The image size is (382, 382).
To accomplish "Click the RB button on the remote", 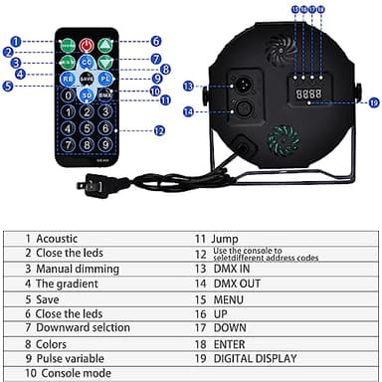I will (x=67, y=77).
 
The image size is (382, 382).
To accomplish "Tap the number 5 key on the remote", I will (x=87, y=127).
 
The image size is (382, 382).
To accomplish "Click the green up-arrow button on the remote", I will (x=105, y=45).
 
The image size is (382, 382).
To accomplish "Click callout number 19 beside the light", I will (x=373, y=101).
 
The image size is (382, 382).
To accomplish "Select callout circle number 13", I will (x=186, y=87).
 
